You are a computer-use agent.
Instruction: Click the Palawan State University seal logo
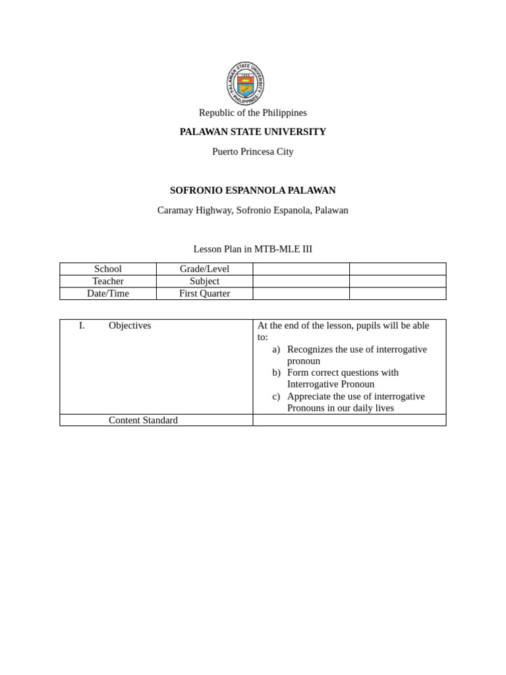pyautogui.click(x=246, y=83)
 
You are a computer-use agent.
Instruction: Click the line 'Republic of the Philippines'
pyautogui.click(x=252, y=113)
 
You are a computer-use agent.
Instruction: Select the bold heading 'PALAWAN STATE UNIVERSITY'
pyautogui.click(x=252, y=132)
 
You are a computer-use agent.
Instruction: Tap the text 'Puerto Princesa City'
pyautogui.click(x=252, y=152)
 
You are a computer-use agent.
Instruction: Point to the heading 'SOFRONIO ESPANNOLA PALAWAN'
pyautogui.click(x=252, y=191)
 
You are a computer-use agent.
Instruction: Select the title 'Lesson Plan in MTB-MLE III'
pyautogui.click(x=252, y=249)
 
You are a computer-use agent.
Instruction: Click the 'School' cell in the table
pyautogui.click(x=108, y=269)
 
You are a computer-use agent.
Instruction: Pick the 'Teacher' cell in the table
pyautogui.click(x=108, y=281)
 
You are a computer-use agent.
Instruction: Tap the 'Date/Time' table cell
pyautogui.click(x=108, y=293)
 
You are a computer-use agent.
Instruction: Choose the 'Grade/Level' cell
pyautogui.click(x=204, y=269)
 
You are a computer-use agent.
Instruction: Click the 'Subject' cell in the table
pyautogui.click(x=204, y=281)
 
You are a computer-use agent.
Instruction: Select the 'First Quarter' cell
pyautogui.click(x=204, y=293)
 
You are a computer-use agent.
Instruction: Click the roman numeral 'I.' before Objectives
pyautogui.click(x=82, y=326)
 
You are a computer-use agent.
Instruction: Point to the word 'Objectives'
pyautogui.click(x=130, y=326)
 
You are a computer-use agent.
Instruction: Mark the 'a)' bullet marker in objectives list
pyautogui.click(x=276, y=349)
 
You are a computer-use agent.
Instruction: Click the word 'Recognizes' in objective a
pyautogui.click(x=310, y=349)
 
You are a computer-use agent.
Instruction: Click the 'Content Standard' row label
pyautogui.click(x=143, y=420)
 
